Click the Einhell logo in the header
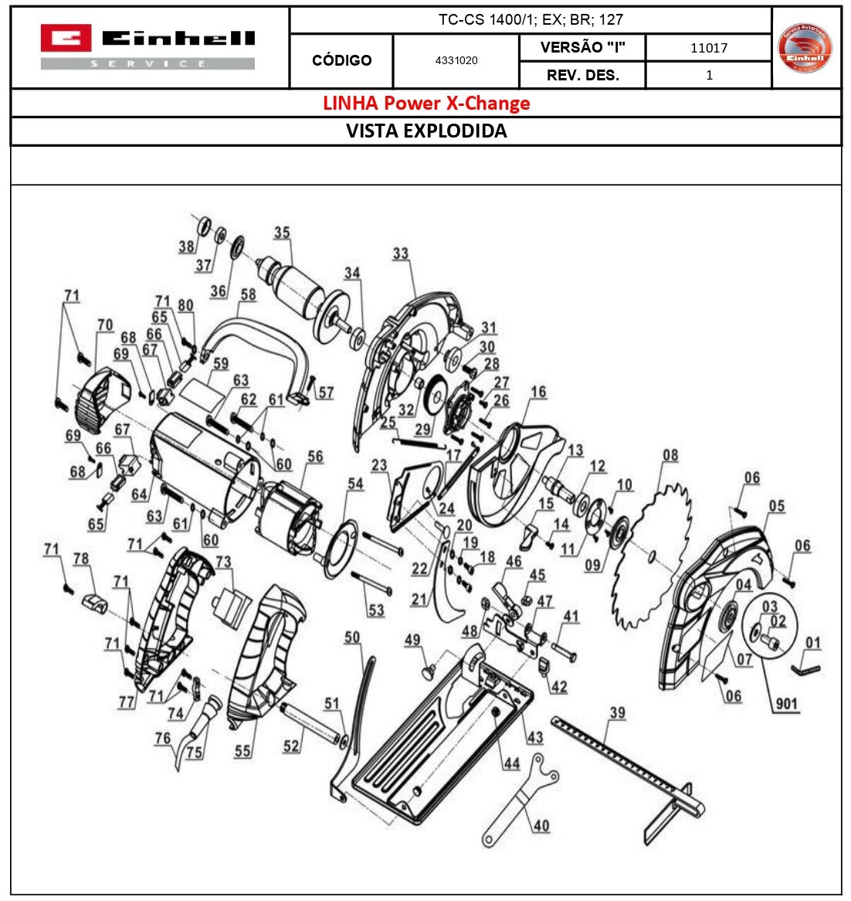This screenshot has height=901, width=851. tap(147, 46)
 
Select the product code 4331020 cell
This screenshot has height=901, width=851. tap(456, 60)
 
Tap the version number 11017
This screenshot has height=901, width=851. tap(708, 48)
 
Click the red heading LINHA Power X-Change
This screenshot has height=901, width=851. tap(426, 104)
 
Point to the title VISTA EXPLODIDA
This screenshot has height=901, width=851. tap(426, 131)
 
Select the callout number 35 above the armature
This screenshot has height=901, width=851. tap(282, 233)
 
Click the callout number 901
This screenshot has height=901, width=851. tap(787, 704)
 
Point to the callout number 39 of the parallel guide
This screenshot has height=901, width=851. tap(617, 712)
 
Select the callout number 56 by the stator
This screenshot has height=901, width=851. tap(315, 457)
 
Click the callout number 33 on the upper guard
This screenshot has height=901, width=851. tap(400, 253)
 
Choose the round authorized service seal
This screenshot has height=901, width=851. tap(805, 48)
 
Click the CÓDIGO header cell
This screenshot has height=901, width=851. tap(341, 60)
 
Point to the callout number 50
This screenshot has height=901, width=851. tap(352, 637)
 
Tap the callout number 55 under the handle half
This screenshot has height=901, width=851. tap(242, 750)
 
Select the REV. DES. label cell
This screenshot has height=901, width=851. tap(582, 75)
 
